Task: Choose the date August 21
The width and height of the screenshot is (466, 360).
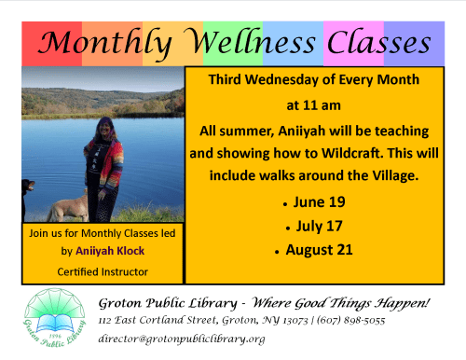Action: (x=321, y=250)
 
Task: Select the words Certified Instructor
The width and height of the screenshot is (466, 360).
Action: (x=102, y=271)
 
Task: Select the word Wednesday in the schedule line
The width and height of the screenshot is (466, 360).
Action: (x=286, y=81)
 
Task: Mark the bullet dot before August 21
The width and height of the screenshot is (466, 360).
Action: (x=277, y=252)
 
